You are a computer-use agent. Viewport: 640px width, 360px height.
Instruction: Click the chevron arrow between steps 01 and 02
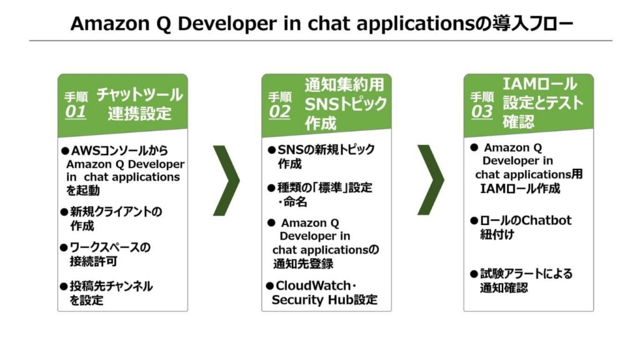click(x=226, y=181)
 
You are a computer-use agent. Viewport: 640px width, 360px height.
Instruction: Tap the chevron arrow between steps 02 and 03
click(x=430, y=181)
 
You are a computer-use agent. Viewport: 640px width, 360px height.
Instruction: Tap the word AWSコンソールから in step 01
click(x=119, y=151)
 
